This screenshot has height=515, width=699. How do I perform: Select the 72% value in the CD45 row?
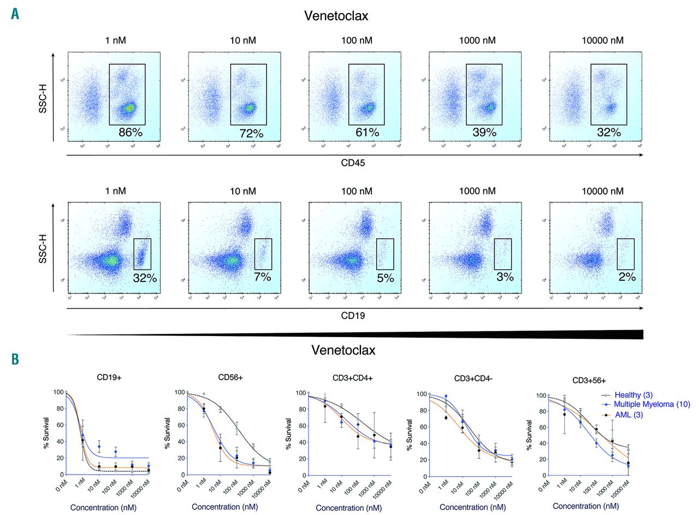(x=251, y=133)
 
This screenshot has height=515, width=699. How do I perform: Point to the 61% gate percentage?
(x=371, y=132)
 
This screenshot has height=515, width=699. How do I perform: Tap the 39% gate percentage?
(x=484, y=133)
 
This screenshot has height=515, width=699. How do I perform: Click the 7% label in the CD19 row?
(x=262, y=277)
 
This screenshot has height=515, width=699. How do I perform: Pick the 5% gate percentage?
(x=385, y=278)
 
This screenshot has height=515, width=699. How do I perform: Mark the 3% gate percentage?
(x=505, y=277)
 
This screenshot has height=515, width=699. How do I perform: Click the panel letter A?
(x=15, y=13)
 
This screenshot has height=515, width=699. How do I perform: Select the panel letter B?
(x=15, y=360)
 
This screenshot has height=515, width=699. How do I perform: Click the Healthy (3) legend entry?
(x=633, y=394)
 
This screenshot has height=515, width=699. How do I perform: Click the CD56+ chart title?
(x=232, y=378)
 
